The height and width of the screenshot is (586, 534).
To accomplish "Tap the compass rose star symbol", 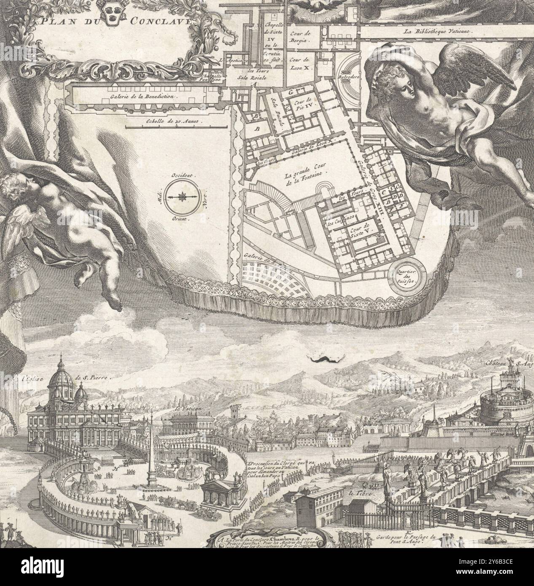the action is [182, 197].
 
